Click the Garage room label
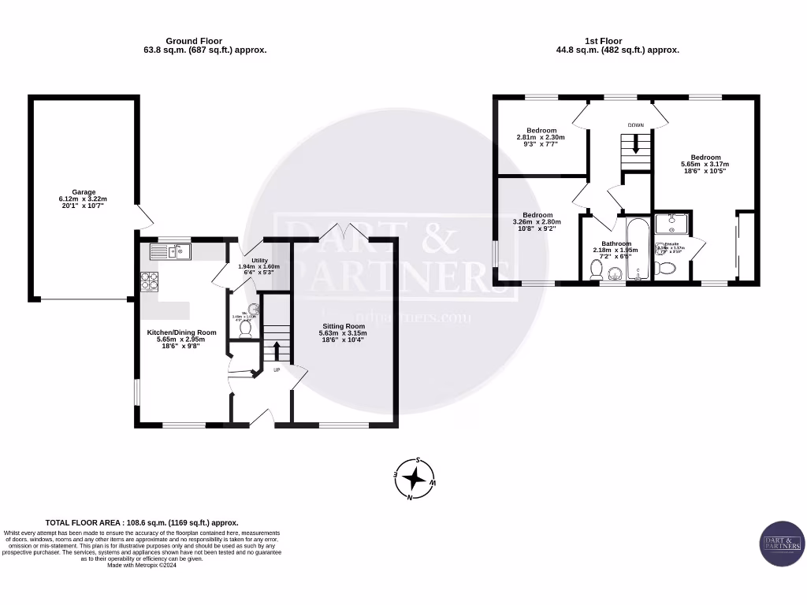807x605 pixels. tap(84, 192)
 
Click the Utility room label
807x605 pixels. tap(259, 261)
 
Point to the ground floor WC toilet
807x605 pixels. tap(245, 328)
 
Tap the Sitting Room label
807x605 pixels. tap(344, 326)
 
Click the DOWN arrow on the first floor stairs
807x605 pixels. tap(635, 145)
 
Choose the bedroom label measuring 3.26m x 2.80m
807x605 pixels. tap(537, 215)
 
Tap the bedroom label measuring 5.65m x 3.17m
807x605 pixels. tap(705, 157)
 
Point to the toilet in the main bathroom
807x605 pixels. tap(596, 270)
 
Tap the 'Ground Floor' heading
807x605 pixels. tap(193, 41)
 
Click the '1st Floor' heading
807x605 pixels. tap(603, 41)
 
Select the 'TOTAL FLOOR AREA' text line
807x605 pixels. tap(142, 522)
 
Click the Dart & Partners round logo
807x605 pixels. tap(782, 544)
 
